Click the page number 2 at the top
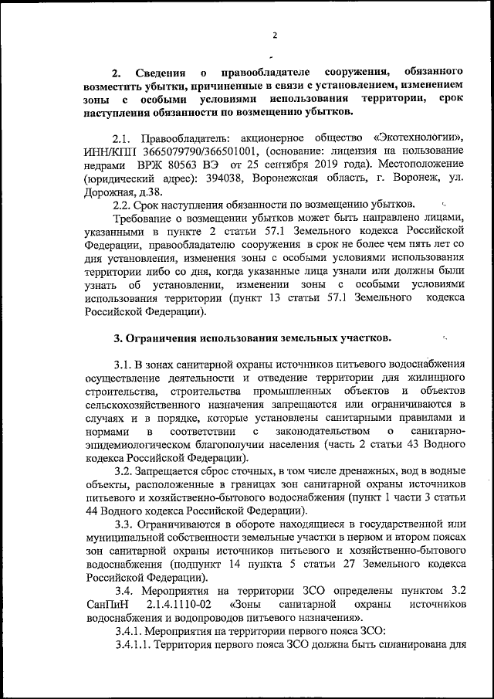274,34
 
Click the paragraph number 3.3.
123,531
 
